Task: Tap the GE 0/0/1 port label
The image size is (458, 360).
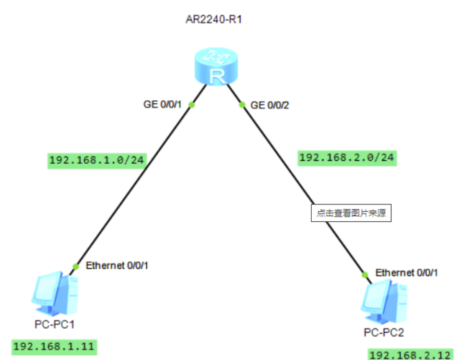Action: click(163, 105)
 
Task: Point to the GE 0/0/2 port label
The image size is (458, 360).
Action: click(270, 105)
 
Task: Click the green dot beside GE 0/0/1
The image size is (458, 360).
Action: click(191, 105)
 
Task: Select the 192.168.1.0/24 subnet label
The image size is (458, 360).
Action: click(96, 160)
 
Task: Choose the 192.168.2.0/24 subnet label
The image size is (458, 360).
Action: click(347, 157)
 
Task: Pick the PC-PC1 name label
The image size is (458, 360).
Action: click(54, 324)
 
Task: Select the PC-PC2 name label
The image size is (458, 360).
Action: click(384, 332)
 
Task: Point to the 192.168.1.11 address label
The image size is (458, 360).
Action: click(54, 346)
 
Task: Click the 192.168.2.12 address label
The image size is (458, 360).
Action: click(411, 355)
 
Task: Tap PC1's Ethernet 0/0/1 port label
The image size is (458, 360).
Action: click(117, 265)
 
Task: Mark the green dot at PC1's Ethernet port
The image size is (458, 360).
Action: click(76, 266)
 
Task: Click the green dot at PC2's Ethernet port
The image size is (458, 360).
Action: click(365, 274)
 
